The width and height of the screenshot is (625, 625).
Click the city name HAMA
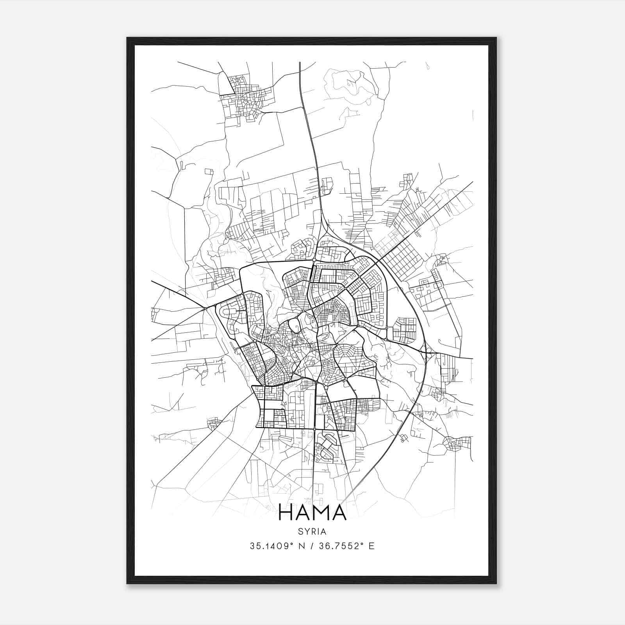click(x=312, y=512)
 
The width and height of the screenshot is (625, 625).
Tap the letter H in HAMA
click(x=287, y=512)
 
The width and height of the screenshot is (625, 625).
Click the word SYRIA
click(x=312, y=532)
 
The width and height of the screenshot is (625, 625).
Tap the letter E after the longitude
click(x=371, y=546)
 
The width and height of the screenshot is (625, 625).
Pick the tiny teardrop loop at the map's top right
click(x=428, y=66)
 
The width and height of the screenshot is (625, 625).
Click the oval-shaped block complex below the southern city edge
click(x=327, y=445)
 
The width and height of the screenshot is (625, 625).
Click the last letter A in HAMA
click(x=339, y=512)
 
